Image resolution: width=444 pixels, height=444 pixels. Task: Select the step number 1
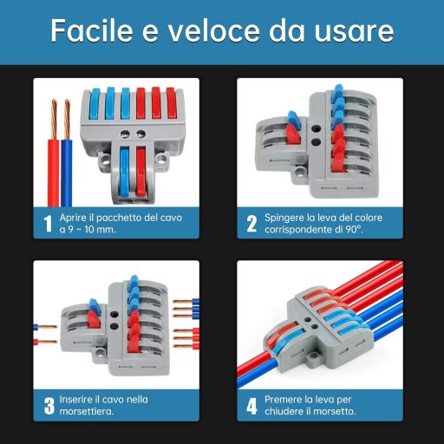(47, 224)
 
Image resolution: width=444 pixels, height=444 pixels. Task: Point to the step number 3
(48, 405)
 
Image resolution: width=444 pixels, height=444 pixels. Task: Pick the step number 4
(251, 405)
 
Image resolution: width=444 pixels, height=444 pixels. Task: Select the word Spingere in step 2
(282, 217)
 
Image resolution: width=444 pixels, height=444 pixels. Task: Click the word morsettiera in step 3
(88, 412)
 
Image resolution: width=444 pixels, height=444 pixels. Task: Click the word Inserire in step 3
(75, 398)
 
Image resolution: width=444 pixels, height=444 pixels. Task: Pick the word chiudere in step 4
(287, 412)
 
